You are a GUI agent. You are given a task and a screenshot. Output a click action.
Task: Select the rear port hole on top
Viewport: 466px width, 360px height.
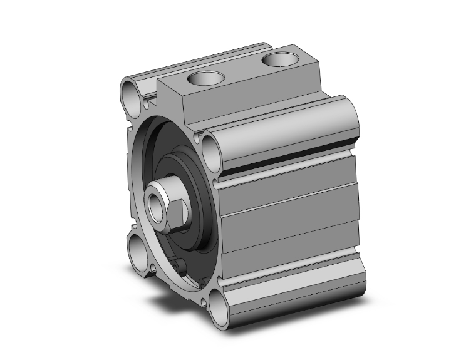(278, 60)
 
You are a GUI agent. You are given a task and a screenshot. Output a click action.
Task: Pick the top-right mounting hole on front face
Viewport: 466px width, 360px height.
(210, 148)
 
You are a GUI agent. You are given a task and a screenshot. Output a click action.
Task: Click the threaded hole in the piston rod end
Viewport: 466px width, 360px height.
(154, 203)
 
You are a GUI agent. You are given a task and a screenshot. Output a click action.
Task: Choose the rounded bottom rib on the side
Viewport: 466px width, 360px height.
(294, 294)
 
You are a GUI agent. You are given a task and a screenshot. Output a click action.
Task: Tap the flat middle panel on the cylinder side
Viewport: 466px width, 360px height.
(288, 219)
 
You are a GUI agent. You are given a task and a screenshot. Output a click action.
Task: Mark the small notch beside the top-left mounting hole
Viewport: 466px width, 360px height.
(148, 100)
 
